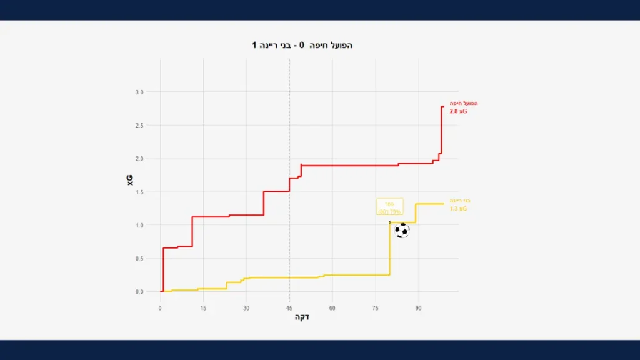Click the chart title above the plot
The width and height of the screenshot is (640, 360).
pyautogui.click(x=302, y=46)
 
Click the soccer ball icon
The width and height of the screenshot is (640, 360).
pyautogui.click(x=402, y=231)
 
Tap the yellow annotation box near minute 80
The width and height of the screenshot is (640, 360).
pyautogui.click(x=389, y=207)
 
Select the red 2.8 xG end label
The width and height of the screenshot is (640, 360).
pyautogui.click(x=458, y=111)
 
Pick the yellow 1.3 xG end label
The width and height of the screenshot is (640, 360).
pyautogui.click(x=458, y=208)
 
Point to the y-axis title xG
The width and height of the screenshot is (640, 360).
pyautogui.click(x=130, y=180)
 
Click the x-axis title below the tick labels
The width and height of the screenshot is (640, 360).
pyautogui.click(x=302, y=317)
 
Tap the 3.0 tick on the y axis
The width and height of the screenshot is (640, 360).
pyautogui.click(x=139, y=92)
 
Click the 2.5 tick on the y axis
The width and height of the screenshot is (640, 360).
pyautogui.click(x=139, y=126)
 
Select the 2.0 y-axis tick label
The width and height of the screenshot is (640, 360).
pyautogui.click(x=139, y=159)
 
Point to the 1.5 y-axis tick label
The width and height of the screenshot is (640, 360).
pyautogui.click(x=139, y=192)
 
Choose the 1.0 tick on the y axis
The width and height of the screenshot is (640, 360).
pyautogui.click(x=139, y=225)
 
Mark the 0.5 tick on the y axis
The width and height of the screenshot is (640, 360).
pyautogui.click(x=139, y=259)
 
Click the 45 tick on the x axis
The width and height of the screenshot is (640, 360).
pyautogui.click(x=289, y=308)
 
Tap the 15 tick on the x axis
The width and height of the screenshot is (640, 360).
pyautogui.click(x=203, y=308)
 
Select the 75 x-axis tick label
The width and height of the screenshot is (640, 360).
pyautogui.click(x=375, y=308)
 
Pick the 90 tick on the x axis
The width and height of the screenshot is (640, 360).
pyautogui.click(x=418, y=308)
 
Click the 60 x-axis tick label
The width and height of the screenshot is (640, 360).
pyautogui.click(x=332, y=308)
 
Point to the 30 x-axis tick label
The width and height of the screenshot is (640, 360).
pyautogui.click(x=246, y=308)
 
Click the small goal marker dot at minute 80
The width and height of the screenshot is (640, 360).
pyautogui.click(x=390, y=222)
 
